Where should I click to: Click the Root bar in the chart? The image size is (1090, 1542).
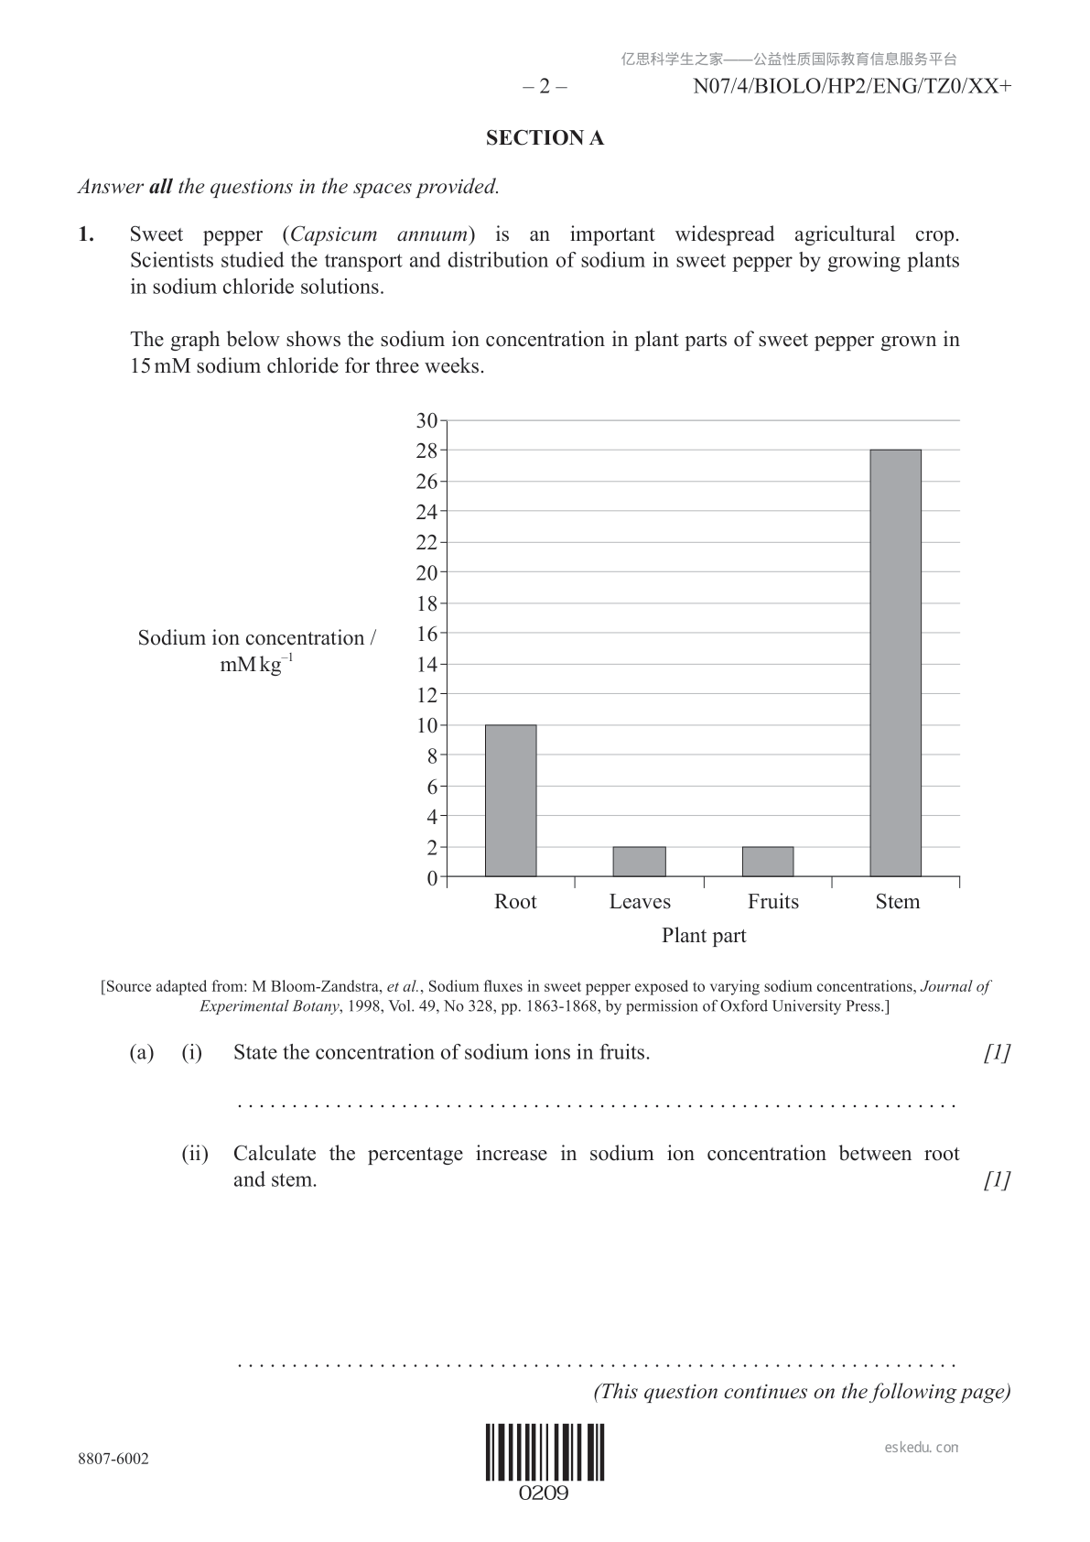(x=511, y=800)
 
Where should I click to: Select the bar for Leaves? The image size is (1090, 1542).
(x=639, y=862)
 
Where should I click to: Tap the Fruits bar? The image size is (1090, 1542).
(x=768, y=862)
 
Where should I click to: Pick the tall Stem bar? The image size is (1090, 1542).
(x=895, y=663)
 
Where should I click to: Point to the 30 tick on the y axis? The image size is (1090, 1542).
(x=426, y=421)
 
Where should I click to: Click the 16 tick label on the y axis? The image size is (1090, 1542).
(x=426, y=634)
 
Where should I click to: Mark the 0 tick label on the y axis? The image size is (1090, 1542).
(x=432, y=878)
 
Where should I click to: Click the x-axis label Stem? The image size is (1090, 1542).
(x=897, y=902)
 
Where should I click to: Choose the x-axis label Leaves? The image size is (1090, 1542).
(x=640, y=902)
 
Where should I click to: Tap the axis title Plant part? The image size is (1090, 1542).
(x=704, y=936)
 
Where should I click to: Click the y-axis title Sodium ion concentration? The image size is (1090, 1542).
(x=256, y=638)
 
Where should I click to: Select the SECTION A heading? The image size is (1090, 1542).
(x=545, y=138)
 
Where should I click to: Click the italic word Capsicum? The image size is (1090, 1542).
(x=334, y=234)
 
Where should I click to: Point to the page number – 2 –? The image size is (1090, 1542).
(x=545, y=87)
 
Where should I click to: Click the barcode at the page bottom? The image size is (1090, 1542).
(x=545, y=1452)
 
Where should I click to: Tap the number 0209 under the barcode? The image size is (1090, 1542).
(x=545, y=1493)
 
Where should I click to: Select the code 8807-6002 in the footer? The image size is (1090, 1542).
(x=113, y=1459)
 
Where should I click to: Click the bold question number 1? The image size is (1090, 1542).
(x=86, y=234)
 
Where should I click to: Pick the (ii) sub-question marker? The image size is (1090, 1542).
(x=194, y=1154)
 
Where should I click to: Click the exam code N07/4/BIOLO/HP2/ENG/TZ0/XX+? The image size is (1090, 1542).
(x=852, y=87)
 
